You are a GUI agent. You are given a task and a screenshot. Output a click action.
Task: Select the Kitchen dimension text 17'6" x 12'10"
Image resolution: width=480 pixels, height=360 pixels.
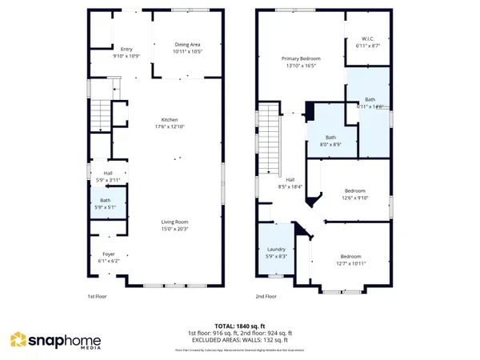point(168,126)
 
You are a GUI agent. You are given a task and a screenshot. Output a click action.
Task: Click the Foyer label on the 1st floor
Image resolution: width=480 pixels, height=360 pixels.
point(108,254)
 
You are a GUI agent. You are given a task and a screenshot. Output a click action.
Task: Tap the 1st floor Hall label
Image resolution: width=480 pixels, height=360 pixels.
point(107,172)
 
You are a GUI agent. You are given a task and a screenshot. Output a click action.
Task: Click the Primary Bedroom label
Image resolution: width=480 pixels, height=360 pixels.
point(300,58)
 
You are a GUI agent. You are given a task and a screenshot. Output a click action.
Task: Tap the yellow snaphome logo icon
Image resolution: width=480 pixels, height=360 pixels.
point(19,341)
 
